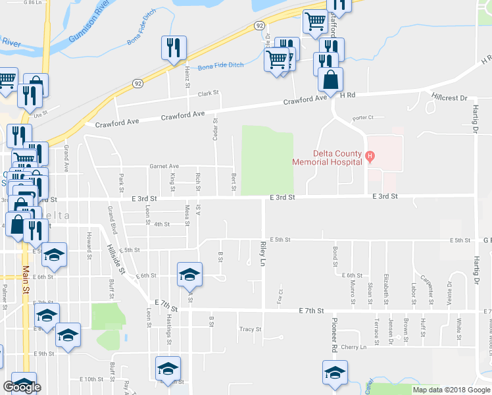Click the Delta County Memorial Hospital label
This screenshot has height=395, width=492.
pyautogui.click(x=328, y=157)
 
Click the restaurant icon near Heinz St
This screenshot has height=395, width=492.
pyautogui.click(x=174, y=48)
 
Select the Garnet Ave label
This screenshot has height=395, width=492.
pyautogui.click(x=164, y=167)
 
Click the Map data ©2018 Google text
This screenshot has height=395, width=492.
pyautogui.click(x=451, y=390)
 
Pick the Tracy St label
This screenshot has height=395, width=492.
pyautogui.click(x=250, y=329)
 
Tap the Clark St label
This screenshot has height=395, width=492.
pyautogui.click(x=208, y=94)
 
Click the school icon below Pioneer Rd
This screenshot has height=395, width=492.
pyautogui.click(x=335, y=373)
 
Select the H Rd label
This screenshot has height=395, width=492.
pyautogui.click(x=347, y=95)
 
